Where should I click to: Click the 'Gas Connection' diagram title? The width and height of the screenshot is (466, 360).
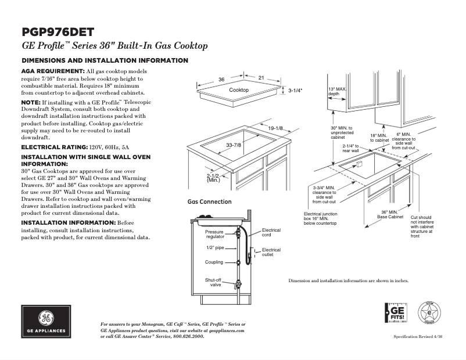tap(209, 202)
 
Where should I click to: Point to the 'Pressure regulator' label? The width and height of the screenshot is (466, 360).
tap(214, 235)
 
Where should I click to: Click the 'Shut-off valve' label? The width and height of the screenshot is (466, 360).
tap(213, 282)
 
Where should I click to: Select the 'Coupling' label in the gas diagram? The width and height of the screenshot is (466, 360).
tap(214, 262)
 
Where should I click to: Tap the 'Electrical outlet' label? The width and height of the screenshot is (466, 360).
tap(271, 252)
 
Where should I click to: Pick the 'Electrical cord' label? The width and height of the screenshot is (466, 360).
tap(271, 232)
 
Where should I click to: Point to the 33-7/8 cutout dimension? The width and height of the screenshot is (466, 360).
tap(234, 145)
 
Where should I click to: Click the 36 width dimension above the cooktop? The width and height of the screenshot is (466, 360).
tap(221, 79)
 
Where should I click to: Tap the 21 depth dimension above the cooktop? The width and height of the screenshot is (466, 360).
tap(261, 77)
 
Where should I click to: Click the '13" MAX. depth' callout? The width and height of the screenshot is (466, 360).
tap(337, 91)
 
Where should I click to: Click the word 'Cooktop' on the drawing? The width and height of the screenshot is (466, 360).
tap(238, 90)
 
